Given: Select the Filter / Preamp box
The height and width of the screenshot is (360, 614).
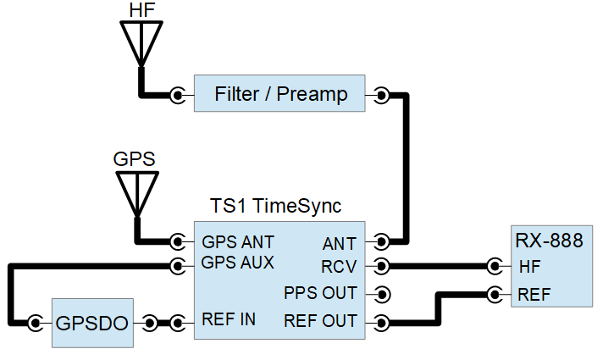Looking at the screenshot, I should click(x=280, y=94).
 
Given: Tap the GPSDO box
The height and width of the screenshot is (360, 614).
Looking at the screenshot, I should click(x=92, y=323).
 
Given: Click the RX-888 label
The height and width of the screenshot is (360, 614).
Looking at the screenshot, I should click(x=549, y=241).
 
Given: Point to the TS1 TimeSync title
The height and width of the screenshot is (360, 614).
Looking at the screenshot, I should click(x=275, y=206).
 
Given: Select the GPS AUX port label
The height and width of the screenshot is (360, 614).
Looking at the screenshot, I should click(x=237, y=263).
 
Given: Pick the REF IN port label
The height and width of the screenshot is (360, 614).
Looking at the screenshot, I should click(x=229, y=320).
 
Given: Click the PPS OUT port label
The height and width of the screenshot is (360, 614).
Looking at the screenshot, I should click(x=321, y=294).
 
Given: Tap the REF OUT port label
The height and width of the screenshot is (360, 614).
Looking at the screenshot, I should click(x=321, y=321).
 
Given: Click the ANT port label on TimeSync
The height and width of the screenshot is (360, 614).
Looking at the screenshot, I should click(x=340, y=244).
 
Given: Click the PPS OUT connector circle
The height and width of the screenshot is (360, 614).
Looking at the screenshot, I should click(x=382, y=295).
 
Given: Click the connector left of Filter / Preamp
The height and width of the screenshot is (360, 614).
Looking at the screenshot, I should click(x=177, y=95).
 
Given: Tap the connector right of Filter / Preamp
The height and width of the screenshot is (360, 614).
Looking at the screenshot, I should click(x=382, y=95).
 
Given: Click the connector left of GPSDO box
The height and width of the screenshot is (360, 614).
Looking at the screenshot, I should click(x=36, y=323).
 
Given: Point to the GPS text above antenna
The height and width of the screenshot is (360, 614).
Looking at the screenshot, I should click(x=135, y=159).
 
